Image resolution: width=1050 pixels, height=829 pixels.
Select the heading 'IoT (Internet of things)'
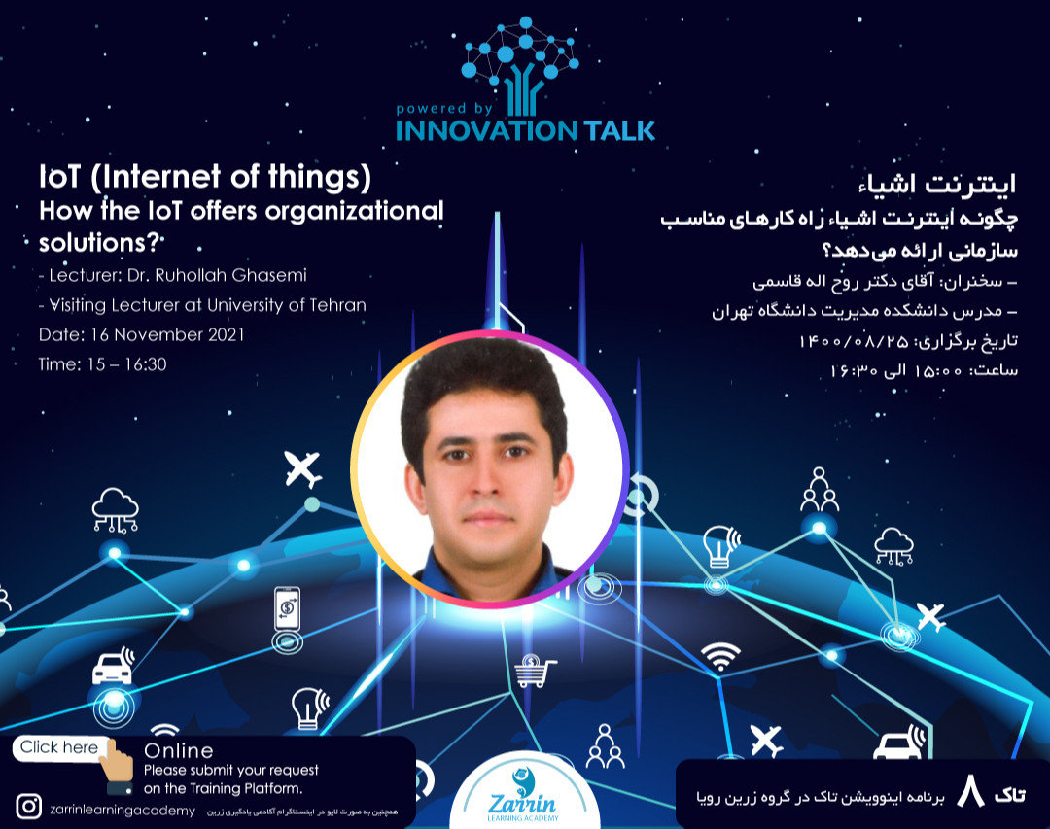(x=205, y=179)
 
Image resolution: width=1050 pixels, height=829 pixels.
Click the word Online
(x=178, y=750)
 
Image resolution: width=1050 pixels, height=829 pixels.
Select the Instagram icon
(x=29, y=806)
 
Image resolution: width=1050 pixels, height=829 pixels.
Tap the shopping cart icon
(x=536, y=671)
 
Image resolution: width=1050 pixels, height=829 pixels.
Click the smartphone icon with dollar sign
(x=287, y=608)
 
